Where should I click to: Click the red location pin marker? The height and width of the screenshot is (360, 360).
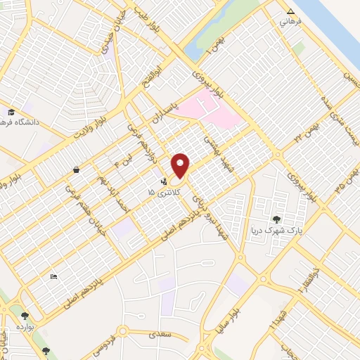click(x=181, y=166)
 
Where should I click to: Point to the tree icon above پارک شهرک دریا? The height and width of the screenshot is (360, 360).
click(x=276, y=219)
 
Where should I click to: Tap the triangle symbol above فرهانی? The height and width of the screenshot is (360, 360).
click(x=291, y=11)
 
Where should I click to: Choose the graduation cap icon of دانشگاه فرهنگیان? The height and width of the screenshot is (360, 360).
click(x=11, y=112)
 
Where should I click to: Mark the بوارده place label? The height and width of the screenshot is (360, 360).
click(x=25, y=327)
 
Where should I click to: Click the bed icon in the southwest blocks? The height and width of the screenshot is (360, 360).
click(x=54, y=276)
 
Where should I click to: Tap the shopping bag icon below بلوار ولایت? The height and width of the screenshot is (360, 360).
click(x=75, y=169)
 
